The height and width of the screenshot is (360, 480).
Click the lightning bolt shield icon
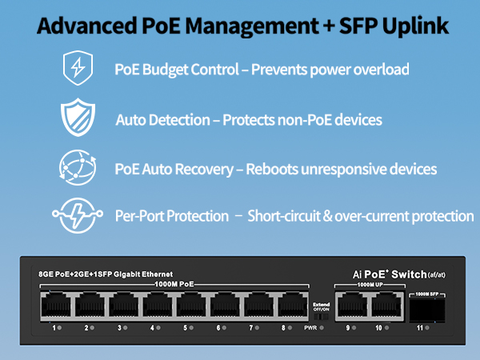tap(78, 68)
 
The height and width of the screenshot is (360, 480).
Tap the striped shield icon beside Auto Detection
tap(78, 118)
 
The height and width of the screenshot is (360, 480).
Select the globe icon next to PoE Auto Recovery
tap(78, 167)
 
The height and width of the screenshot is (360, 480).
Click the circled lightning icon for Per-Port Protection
tap(78, 215)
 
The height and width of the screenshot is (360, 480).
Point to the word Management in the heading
tap(252, 26)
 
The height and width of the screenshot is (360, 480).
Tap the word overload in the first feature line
tap(382, 69)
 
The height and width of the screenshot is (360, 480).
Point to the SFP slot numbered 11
tap(427, 310)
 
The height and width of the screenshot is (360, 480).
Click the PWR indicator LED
tap(322, 328)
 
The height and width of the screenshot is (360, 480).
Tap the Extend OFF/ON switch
tap(321, 317)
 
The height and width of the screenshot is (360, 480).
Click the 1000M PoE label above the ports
tap(174, 284)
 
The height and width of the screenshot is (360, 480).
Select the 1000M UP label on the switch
tap(370, 285)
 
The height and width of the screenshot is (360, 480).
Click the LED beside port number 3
tap(125, 328)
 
